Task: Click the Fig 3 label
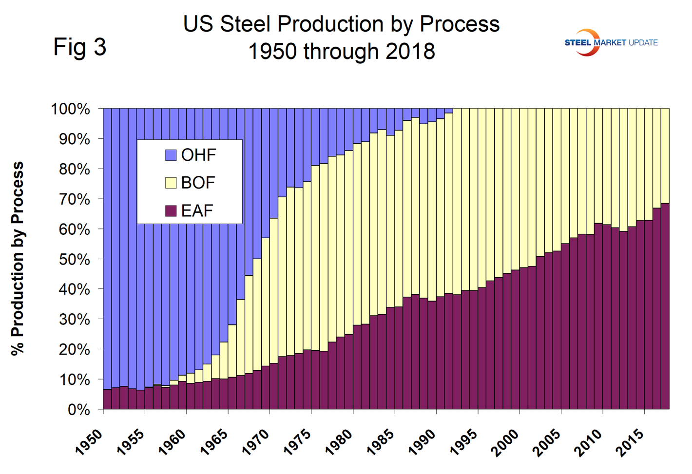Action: coord(79,47)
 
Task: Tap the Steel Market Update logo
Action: coord(611,42)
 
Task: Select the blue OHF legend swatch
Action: coord(171,155)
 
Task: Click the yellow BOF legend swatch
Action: coord(171,183)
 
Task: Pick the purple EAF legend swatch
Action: coord(171,210)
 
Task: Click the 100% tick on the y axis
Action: coord(71,109)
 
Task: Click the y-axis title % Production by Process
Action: coord(18,258)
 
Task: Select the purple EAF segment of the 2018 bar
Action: coord(665,307)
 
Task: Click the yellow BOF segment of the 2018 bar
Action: coord(665,156)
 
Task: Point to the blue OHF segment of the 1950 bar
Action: coord(108,244)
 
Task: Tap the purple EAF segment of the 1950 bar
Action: coord(108,399)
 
